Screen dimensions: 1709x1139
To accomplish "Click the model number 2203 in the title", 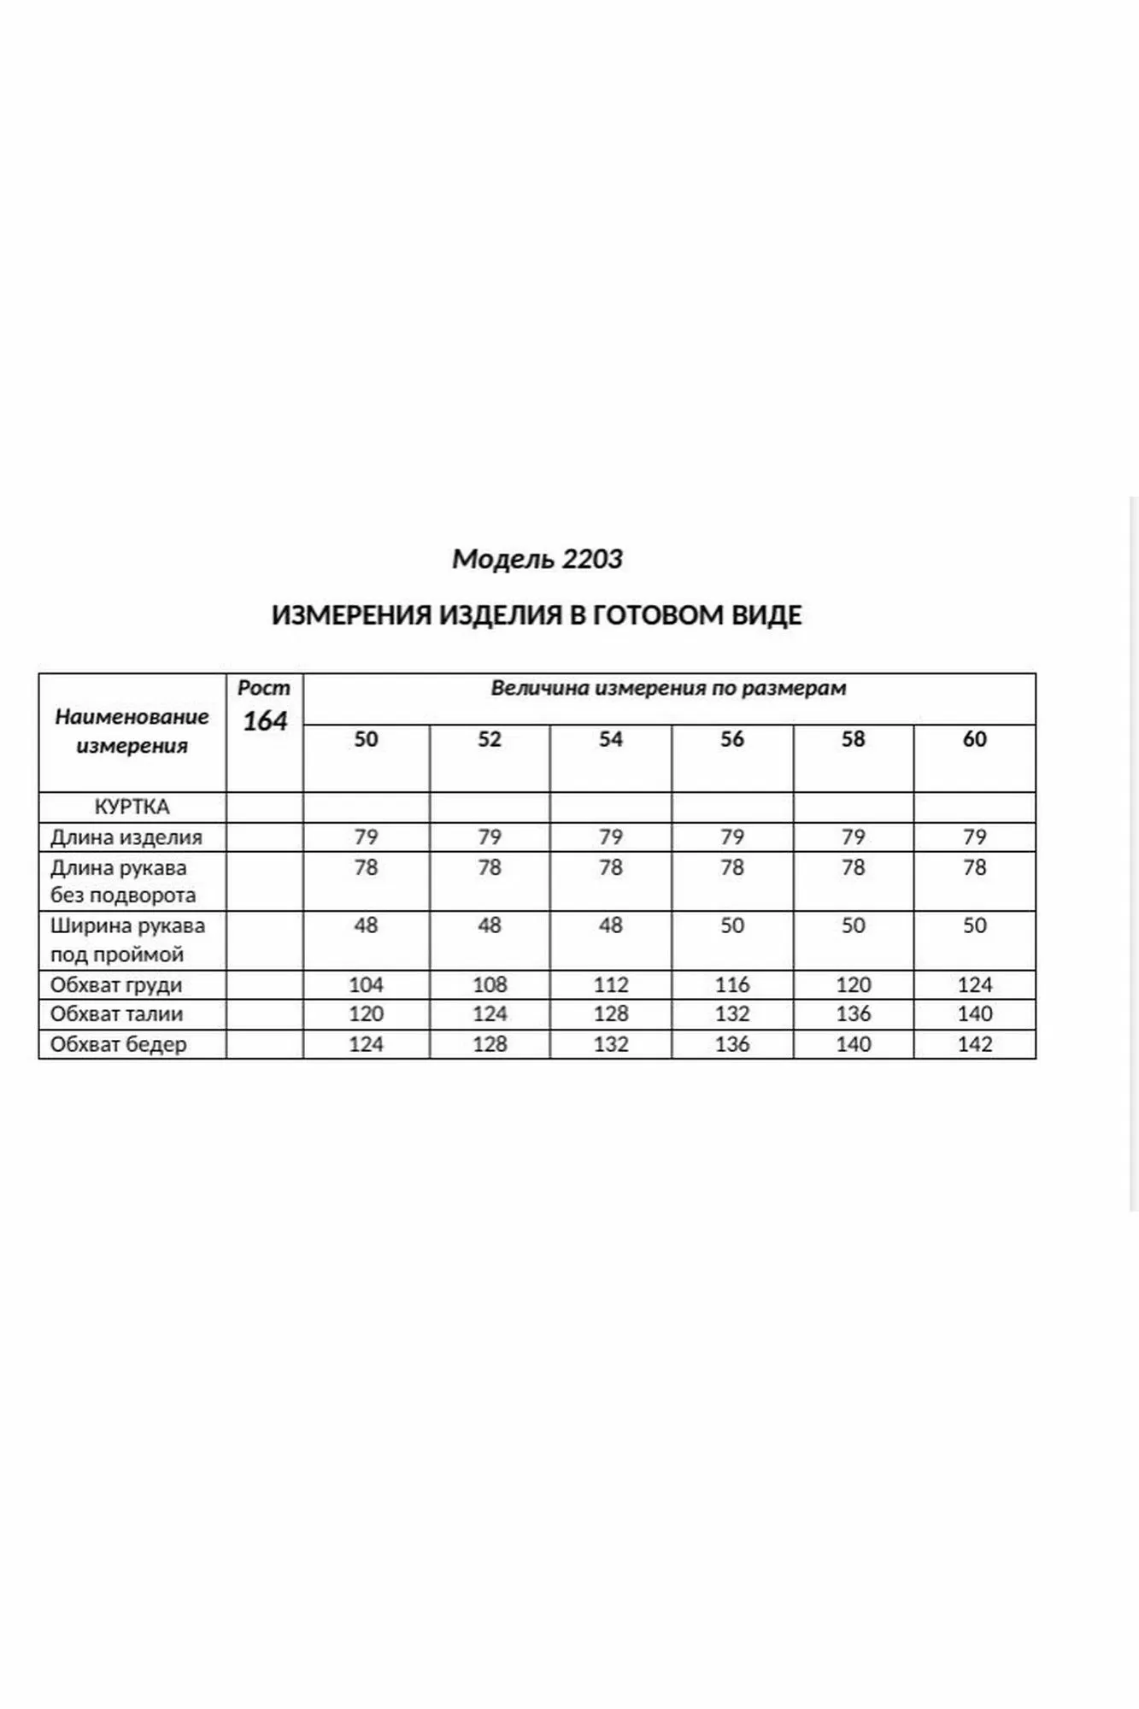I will tap(592, 559).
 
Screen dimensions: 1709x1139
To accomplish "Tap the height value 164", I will tap(265, 721).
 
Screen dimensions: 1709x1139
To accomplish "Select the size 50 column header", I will tap(366, 739).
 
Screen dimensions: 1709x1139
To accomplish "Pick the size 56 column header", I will tap(732, 739).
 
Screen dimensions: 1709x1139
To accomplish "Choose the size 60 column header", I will tap(975, 739).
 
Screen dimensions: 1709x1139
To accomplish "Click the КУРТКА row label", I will tap(132, 807).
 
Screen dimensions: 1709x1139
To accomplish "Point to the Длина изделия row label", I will tap(126, 837).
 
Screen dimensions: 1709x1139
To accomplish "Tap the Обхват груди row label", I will tap(116, 985).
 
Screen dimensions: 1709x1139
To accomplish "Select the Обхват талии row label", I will tap(116, 1014).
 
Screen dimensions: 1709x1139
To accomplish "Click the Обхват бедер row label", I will tap(118, 1044).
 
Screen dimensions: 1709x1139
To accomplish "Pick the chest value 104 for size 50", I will tap(366, 985).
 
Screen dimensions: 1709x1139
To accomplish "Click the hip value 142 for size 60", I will tap(975, 1044).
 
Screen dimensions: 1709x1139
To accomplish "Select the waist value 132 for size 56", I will tap(732, 1014).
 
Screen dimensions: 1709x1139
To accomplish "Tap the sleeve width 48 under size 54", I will tap(610, 925).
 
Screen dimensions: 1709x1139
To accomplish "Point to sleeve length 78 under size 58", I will tap(853, 867).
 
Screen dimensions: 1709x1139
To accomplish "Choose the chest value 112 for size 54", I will tap(610, 985).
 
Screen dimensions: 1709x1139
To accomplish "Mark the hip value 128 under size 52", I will tap(489, 1044).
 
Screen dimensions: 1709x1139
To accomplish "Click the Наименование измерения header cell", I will tap(132, 731).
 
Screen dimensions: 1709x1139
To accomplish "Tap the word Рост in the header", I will tap(264, 688).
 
